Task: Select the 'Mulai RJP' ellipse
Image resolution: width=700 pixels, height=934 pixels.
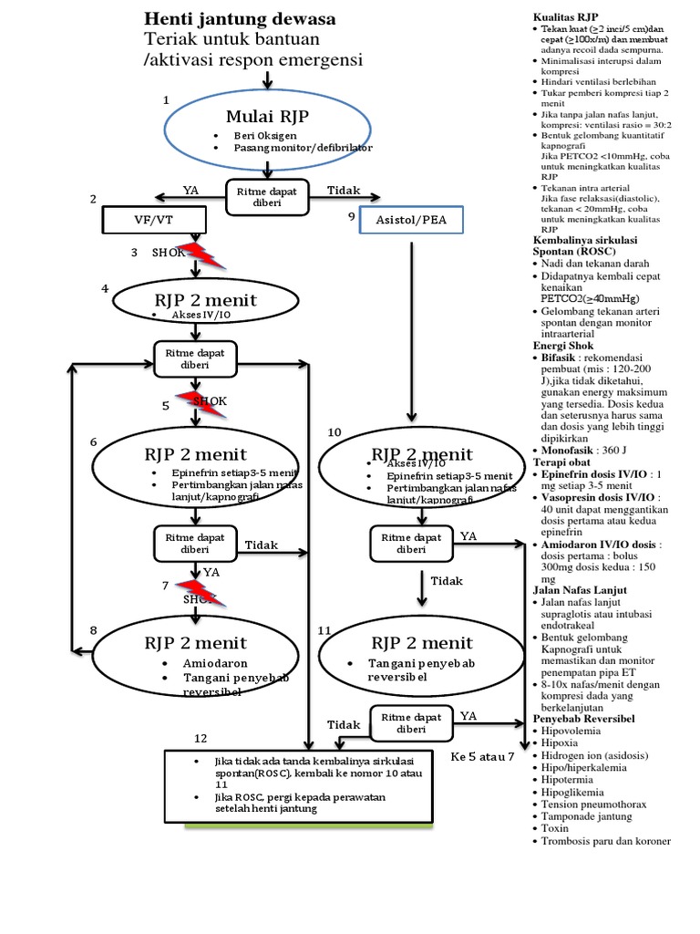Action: [266, 122]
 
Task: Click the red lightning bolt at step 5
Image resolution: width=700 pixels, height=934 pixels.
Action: [195, 400]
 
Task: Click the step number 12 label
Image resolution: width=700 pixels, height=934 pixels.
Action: [201, 738]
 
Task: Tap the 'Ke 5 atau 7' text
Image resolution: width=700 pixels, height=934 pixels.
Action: [483, 756]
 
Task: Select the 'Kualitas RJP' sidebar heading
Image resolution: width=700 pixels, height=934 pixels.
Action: [565, 17]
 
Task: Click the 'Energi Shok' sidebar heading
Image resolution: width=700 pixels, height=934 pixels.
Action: [563, 347]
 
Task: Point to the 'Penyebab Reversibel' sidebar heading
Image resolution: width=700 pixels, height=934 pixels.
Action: [584, 719]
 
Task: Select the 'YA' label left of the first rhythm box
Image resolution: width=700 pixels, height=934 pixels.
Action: [190, 191]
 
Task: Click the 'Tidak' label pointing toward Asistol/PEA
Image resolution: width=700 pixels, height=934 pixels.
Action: [344, 191]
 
